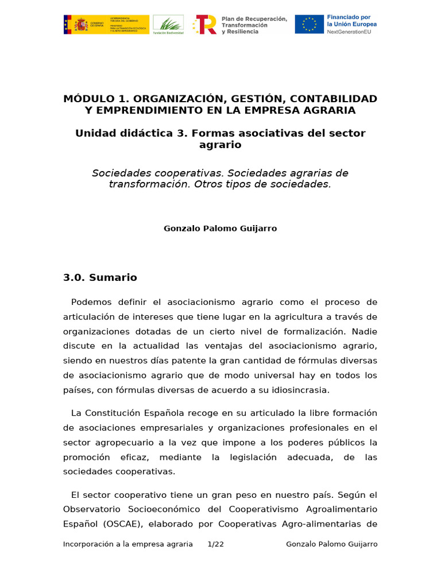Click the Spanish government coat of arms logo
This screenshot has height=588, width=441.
point(82,25)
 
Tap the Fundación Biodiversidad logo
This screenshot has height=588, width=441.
point(168,25)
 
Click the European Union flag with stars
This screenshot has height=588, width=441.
point(310,25)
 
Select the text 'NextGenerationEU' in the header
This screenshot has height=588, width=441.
point(349,32)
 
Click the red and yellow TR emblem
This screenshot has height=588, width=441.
point(205,25)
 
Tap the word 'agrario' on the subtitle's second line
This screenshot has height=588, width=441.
point(220,145)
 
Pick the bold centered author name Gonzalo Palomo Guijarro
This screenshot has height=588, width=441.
point(220,229)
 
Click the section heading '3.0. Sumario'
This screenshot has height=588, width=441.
point(100,278)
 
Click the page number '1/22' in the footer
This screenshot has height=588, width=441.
point(215,544)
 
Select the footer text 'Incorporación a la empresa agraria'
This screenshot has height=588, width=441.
point(128,544)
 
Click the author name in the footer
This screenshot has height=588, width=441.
point(332,544)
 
